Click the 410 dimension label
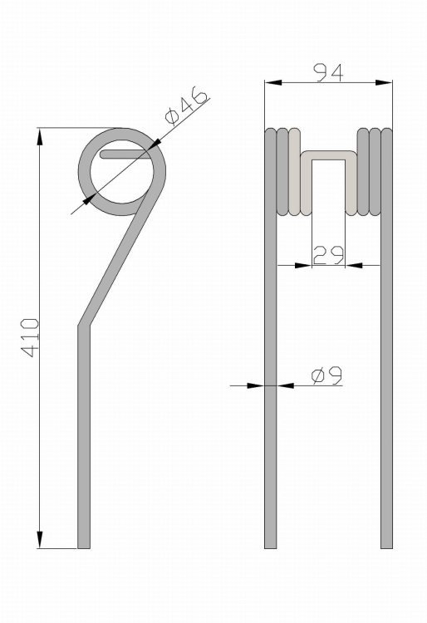pyautogui.click(x=30, y=337)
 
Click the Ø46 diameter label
pyautogui.click(x=186, y=106)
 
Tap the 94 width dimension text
pyautogui.click(x=328, y=73)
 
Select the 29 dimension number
pyautogui.click(x=328, y=256)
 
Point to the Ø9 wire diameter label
pyautogui.click(x=327, y=375)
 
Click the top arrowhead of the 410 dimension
pyautogui.click(x=39, y=137)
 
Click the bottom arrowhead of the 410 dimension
pyautogui.click(x=39, y=540)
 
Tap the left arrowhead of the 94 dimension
pyautogui.click(x=273, y=82)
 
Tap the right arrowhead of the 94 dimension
pyautogui.click(x=384, y=82)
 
